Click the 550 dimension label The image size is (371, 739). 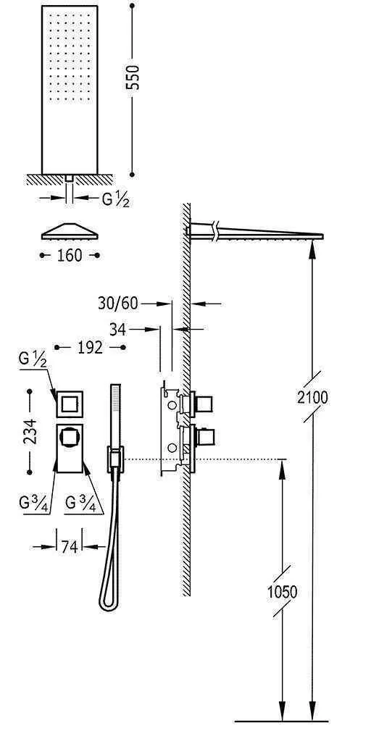click(x=134, y=78)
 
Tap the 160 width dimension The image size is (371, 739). click(x=70, y=256)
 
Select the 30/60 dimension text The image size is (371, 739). click(x=118, y=304)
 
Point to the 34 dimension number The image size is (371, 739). click(x=118, y=329)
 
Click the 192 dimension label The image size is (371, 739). click(x=90, y=348)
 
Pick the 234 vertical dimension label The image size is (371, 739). click(x=30, y=431)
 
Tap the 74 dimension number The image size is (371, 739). click(x=69, y=547)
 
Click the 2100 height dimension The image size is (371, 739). click(x=312, y=397)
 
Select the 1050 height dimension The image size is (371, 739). click(x=283, y=591)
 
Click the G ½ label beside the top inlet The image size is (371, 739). click(x=115, y=200)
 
